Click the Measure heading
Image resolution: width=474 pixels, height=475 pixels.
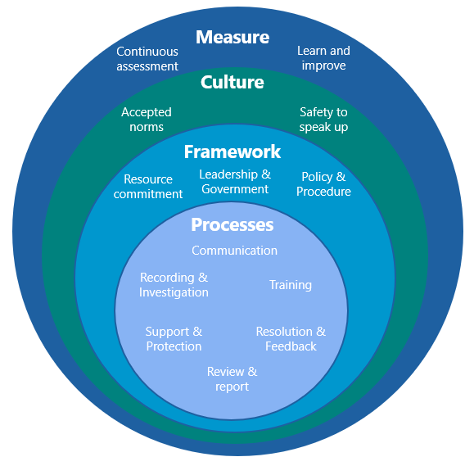point(232,38)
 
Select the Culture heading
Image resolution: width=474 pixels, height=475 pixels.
point(232,82)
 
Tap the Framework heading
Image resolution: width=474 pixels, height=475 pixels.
point(232,152)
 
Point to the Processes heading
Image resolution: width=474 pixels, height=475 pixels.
point(232,224)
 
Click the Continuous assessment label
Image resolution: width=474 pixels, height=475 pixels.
point(147,59)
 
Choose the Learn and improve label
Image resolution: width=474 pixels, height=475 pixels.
point(323,58)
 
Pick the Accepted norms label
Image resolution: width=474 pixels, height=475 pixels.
point(147,120)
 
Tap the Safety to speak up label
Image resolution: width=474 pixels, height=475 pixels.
point(323,120)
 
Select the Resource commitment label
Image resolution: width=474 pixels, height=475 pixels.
point(148,187)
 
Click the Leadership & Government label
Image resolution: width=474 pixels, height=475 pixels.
point(235,182)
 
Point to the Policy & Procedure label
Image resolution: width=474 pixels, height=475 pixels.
point(323,184)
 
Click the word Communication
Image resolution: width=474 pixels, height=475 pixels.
point(235,251)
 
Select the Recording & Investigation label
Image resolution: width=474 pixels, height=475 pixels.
point(174,285)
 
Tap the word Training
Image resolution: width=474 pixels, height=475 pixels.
point(291,285)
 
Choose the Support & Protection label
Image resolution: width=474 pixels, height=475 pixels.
point(174,339)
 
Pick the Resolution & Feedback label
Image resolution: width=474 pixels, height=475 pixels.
point(291,339)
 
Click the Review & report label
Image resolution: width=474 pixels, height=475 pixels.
point(232,379)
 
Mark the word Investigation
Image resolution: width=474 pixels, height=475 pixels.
point(174,292)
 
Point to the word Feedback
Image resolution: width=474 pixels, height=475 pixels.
point(291,346)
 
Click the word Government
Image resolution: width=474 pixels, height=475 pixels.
point(235,189)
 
